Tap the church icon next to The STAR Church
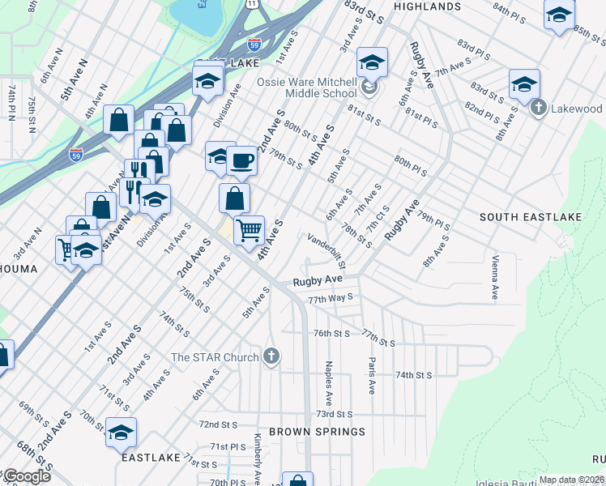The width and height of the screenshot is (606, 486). point(271,356)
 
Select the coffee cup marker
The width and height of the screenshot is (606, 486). point(241,161)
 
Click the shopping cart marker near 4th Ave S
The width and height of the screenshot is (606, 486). point(249,230)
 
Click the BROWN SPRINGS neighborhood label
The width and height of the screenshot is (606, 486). point(317,432)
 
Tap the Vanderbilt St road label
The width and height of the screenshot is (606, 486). point(327,250)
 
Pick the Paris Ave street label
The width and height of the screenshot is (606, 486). point(372,376)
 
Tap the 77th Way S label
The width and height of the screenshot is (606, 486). point(331,298)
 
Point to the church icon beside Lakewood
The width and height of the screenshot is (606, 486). point(538,108)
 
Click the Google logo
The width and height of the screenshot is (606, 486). point(26,476)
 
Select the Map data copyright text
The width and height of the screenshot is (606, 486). point(571,480)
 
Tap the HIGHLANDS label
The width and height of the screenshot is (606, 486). point(427,6)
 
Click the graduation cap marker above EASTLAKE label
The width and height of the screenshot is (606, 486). point(121,433)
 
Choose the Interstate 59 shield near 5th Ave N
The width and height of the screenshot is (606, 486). point(76,153)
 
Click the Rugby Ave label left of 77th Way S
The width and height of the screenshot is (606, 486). point(317,280)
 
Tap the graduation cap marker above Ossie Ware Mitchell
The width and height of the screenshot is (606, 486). point(372,62)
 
